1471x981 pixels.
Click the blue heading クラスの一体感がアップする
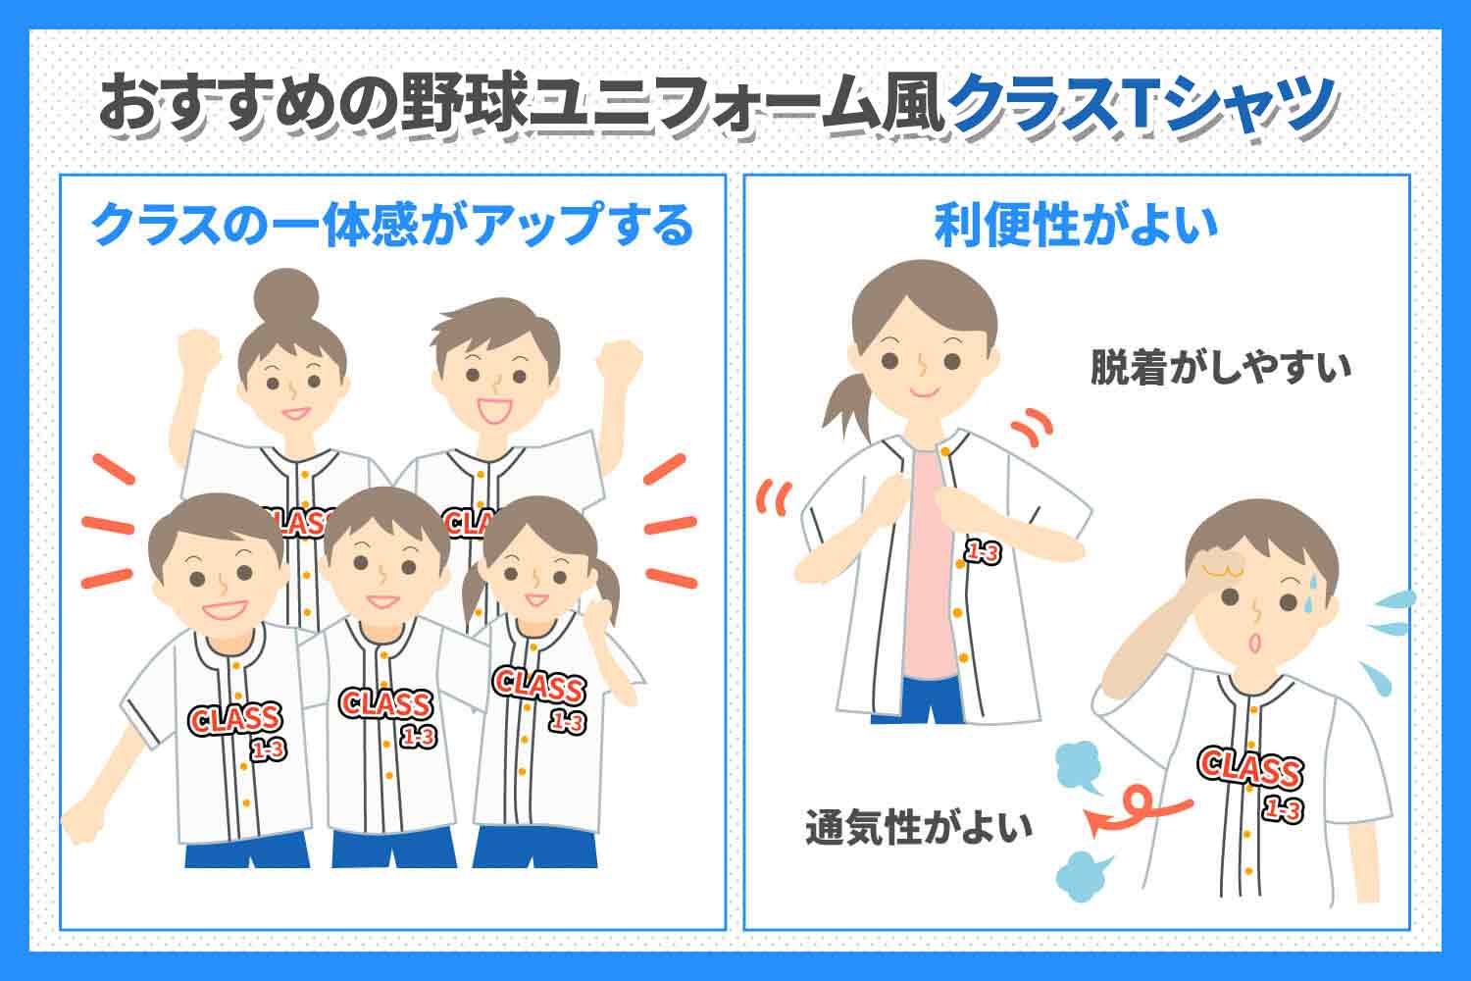tap(392, 224)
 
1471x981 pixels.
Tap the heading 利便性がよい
tap(1076, 226)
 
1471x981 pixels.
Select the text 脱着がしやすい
tap(1221, 367)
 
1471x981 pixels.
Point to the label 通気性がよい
tap(919, 827)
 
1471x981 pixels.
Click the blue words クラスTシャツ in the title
tap(1142, 105)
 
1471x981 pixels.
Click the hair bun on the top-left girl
tap(286, 297)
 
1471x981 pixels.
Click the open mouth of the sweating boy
tap(1254, 643)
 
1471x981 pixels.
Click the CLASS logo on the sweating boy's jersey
tap(1250, 767)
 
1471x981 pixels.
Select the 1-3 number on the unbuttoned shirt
tap(982, 552)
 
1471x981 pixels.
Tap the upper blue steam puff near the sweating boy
tap(1079, 767)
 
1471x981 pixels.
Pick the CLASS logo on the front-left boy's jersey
tap(234, 719)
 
